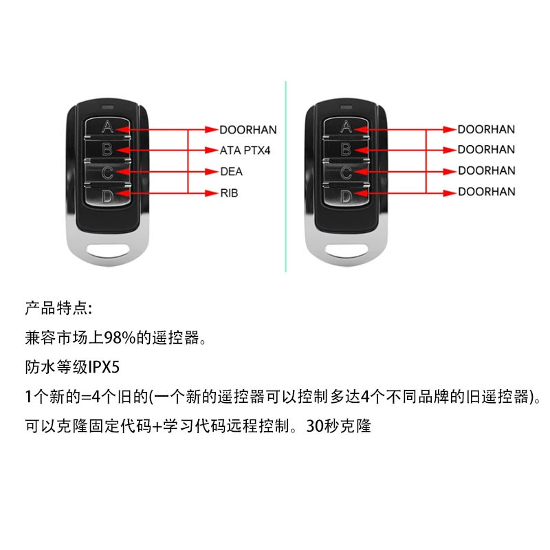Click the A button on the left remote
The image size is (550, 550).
(x=107, y=127)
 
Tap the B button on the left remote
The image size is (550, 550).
(x=107, y=149)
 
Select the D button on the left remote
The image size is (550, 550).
(x=107, y=195)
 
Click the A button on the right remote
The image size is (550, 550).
(x=346, y=127)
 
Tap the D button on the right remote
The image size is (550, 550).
(x=346, y=195)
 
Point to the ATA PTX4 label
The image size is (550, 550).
(x=245, y=151)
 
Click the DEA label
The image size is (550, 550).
(x=232, y=171)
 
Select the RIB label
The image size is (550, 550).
(x=229, y=193)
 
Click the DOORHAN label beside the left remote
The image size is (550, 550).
(x=248, y=130)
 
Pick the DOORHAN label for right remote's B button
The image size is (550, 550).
(x=487, y=149)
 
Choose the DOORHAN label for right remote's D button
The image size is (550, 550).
(x=487, y=192)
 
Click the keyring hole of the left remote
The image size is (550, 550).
(x=108, y=250)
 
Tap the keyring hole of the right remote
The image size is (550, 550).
(x=346, y=250)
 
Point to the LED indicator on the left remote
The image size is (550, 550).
(x=107, y=107)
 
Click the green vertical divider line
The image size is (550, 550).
(x=285, y=177)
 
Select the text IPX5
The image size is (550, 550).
(x=104, y=367)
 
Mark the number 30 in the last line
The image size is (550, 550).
(x=314, y=426)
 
